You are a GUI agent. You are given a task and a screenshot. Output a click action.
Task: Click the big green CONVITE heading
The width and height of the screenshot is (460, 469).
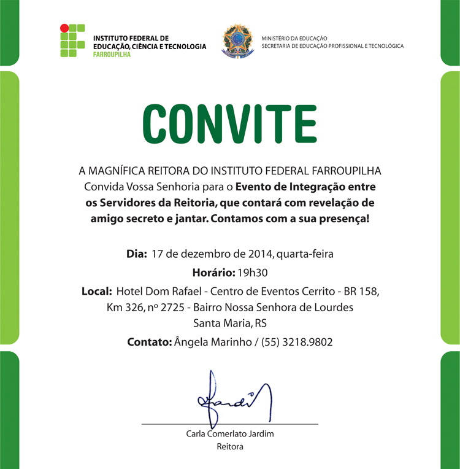229,123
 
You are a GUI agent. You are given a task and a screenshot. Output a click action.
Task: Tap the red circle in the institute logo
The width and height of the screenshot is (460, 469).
63,28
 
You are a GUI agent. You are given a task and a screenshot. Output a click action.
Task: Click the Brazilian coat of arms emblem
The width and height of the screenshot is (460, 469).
237,41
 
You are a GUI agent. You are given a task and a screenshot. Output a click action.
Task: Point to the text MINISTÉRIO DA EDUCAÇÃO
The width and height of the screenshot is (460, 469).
294,38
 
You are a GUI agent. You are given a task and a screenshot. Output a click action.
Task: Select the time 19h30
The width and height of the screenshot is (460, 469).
257,272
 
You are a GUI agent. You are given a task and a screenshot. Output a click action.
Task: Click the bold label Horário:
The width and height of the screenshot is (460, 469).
213,272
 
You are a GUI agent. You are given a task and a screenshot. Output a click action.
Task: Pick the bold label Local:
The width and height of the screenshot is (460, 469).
96,290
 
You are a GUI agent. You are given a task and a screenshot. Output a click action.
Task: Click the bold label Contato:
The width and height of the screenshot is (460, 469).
149,342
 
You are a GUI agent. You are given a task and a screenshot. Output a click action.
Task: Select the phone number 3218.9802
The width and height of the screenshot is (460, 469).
310,342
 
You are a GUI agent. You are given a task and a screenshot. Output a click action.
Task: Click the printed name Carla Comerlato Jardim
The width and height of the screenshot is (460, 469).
230,434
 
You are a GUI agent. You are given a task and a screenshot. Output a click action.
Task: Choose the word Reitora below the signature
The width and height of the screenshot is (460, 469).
230,447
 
